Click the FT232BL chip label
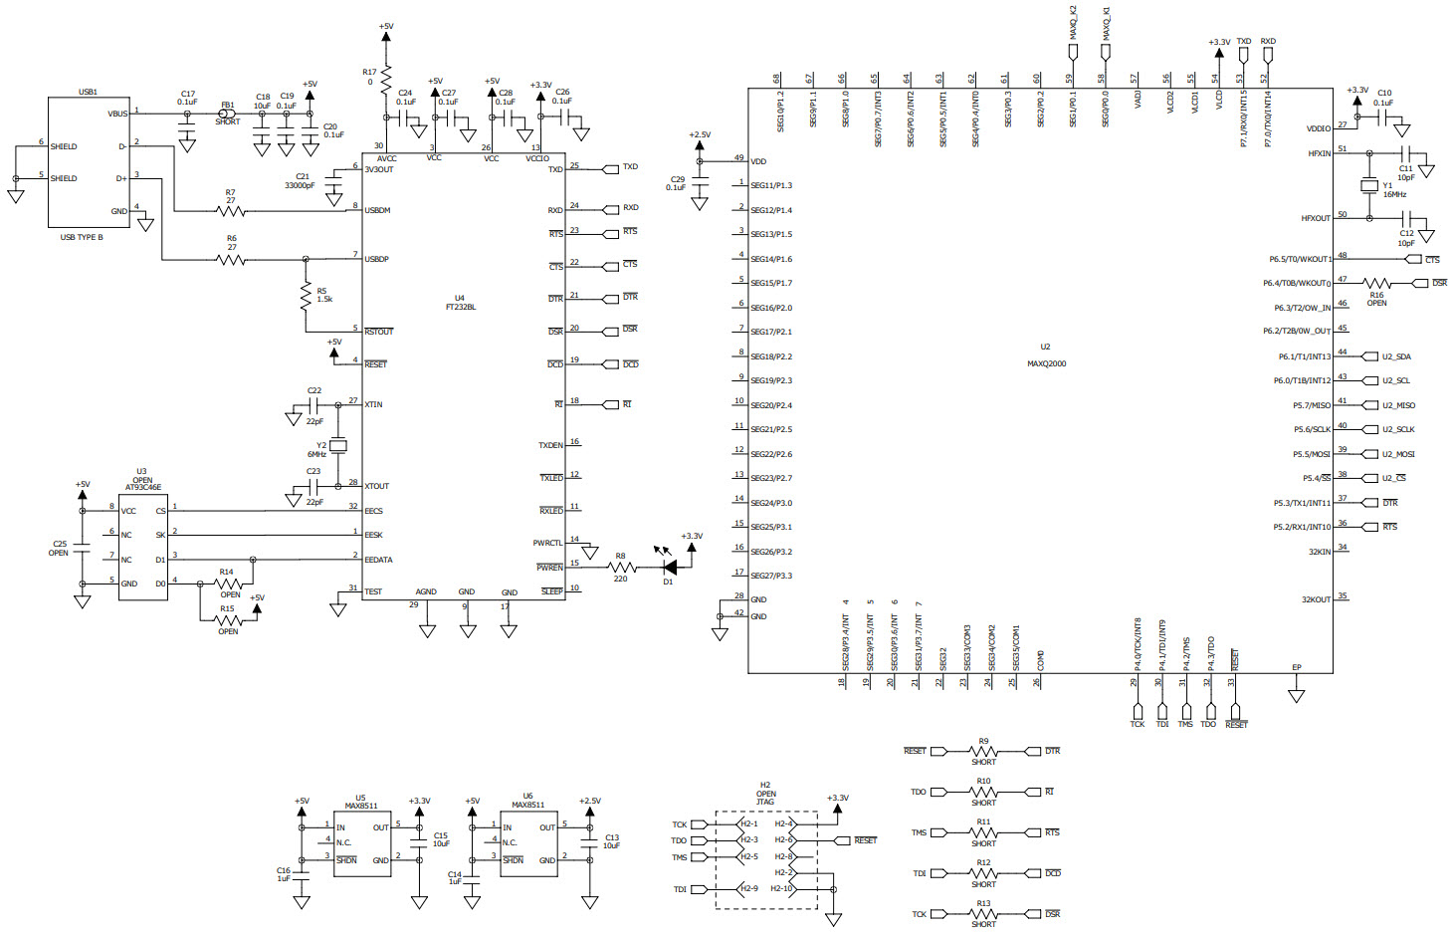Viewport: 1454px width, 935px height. click(x=460, y=307)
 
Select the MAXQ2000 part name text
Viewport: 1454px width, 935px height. click(x=1046, y=363)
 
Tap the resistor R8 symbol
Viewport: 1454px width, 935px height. click(x=621, y=568)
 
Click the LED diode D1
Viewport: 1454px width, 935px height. click(x=670, y=568)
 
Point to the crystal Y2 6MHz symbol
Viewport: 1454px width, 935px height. click(x=338, y=445)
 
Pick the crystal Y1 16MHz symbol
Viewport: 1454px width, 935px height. click(x=1369, y=186)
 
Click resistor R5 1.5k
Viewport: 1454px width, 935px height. click(x=307, y=296)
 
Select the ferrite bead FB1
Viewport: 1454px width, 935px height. click(x=227, y=114)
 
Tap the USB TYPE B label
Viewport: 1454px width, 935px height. click(x=82, y=237)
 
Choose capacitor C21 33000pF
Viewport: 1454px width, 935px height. click(x=335, y=181)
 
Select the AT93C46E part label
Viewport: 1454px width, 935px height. click(x=143, y=488)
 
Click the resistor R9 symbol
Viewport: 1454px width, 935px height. click(x=983, y=752)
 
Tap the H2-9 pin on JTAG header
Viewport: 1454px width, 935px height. click(x=748, y=888)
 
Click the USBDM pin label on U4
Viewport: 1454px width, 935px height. click(x=377, y=210)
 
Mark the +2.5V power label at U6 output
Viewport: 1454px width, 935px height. click(x=589, y=801)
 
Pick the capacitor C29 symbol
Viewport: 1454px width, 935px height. click(x=700, y=181)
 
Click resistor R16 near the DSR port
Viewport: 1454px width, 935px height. click(x=1376, y=284)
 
